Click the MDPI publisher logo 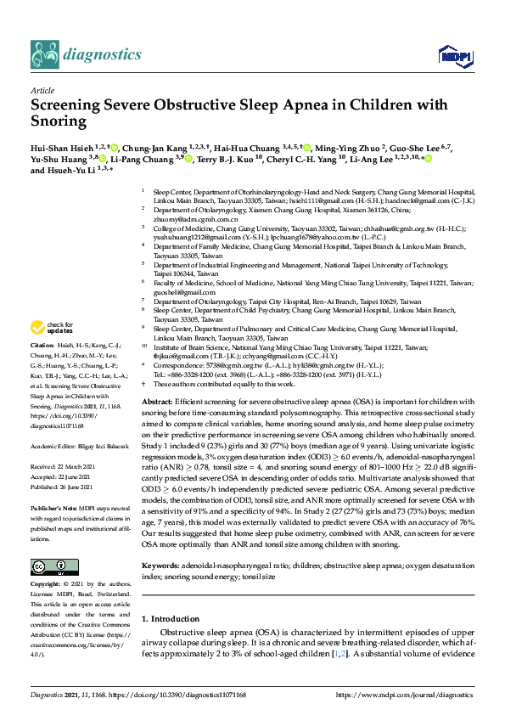450,56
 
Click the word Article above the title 42,90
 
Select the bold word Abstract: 158,400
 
